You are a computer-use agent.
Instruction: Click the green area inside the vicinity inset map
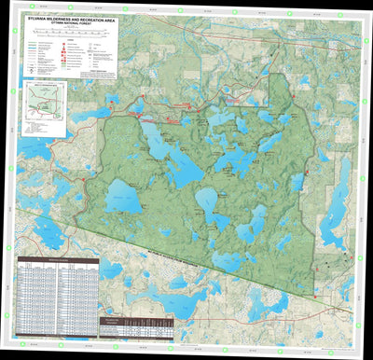tap(43, 104)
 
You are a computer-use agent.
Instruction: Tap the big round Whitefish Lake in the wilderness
tap(123, 197)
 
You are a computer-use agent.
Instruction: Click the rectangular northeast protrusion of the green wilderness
tap(281, 93)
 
